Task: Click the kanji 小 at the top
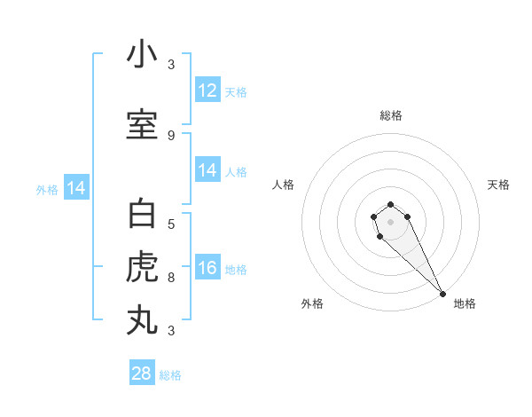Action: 142,55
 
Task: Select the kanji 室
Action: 142,125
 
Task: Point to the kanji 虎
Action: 142,265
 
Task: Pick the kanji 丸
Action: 142,319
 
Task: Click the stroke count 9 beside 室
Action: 170,136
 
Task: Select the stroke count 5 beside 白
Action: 170,224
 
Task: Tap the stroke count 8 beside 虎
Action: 170,277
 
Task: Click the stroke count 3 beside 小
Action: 170,65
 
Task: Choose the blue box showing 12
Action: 207,90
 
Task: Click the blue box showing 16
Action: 207,268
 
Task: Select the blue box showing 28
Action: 142,374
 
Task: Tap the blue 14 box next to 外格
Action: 76,188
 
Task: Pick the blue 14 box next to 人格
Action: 207,170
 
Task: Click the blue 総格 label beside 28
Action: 170,375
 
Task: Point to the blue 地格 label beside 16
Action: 236,269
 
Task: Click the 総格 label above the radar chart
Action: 391,115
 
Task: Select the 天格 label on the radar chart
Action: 498,185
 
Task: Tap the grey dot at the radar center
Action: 391,222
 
